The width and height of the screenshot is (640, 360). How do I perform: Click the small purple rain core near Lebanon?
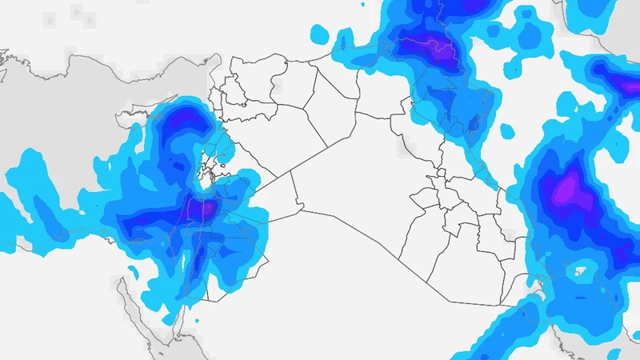tap(205, 210)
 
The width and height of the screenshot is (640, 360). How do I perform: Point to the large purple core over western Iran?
tap(566, 190)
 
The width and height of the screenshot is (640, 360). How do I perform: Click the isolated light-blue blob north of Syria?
tap(320, 34)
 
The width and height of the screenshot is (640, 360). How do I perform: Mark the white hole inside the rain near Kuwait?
tap(578, 271)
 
